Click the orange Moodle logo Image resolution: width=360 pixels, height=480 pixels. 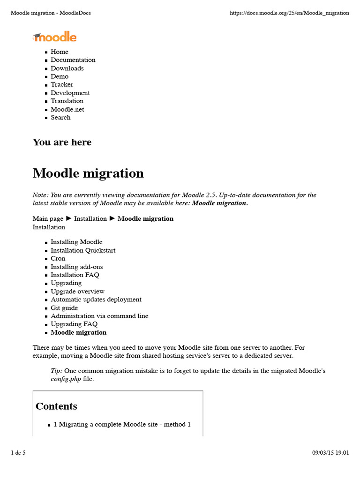[54, 37]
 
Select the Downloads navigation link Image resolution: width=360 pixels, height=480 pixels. [67, 68]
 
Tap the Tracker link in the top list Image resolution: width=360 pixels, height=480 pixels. [62, 85]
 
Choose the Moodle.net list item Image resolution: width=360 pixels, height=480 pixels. [67, 109]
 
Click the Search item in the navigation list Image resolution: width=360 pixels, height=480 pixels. [60, 118]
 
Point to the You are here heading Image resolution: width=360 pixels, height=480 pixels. [62, 142]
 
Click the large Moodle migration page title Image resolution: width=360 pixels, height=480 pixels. [88, 173]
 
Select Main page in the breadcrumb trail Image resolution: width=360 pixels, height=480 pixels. [48, 219]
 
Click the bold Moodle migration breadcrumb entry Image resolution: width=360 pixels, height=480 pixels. [145, 219]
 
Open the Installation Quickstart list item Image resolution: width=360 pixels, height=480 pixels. [83, 250]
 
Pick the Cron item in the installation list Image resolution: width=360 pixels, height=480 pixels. [58, 259]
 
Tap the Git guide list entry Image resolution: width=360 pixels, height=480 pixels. [64, 308]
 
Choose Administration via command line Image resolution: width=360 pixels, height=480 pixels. [99, 316]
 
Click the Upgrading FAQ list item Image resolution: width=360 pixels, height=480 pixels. [74, 324]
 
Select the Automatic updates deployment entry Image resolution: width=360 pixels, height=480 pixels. [96, 300]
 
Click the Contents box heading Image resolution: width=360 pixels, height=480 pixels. [56, 406]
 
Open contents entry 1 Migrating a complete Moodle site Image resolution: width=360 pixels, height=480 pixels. [122, 425]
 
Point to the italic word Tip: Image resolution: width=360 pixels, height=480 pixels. [56, 371]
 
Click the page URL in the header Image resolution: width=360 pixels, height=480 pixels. [289, 13]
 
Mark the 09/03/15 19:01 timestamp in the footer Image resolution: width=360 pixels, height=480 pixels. [330, 453]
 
